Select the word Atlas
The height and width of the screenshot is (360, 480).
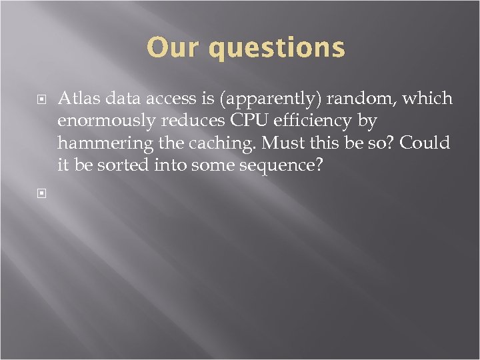[x=78, y=99]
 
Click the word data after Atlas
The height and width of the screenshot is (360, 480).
[x=119, y=99]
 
